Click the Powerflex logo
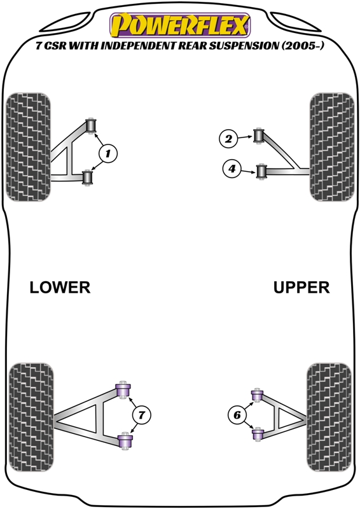180,25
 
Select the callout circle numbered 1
108,153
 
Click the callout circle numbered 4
233,169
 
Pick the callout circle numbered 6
237,415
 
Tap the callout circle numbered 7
142,415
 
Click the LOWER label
60,288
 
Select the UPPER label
301,288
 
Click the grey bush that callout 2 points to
259,135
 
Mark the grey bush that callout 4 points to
261,171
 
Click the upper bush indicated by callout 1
90,123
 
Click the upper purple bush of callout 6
257,396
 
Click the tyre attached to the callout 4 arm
329,147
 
